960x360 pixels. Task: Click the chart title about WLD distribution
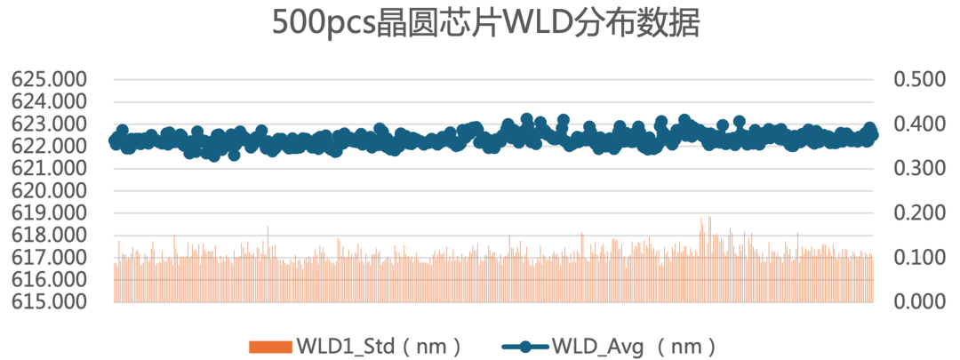click(485, 24)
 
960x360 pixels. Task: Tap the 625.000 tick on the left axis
click(49, 80)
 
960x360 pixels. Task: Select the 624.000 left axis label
click(49, 102)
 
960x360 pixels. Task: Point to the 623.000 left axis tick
click(49, 124)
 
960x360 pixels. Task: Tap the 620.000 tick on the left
click(49, 191)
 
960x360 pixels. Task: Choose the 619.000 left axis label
click(49, 213)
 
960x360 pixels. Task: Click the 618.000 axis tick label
click(49, 236)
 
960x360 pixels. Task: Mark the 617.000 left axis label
click(49, 258)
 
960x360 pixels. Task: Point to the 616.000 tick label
click(49, 280)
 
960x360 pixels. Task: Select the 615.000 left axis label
click(49, 302)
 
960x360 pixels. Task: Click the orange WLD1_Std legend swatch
click(269, 344)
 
